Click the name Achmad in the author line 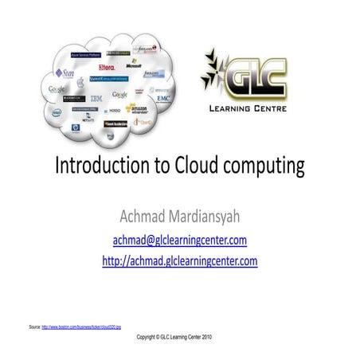(x=142, y=215)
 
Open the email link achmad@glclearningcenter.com (x=179, y=239)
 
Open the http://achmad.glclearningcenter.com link (x=179, y=260)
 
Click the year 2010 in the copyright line (x=205, y=338)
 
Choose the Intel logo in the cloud (x=56, y=112)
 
